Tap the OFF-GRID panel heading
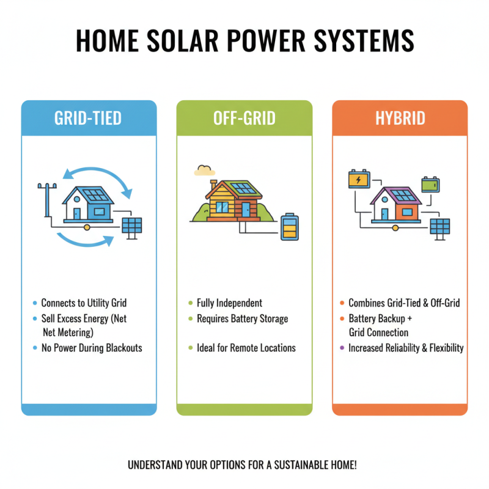tap(244, 117)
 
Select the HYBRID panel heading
tap(400, 117)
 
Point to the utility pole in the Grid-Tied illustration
tap(43, 199)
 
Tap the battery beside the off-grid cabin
tap(288, 226)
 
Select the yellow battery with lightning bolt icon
tap(358, 180)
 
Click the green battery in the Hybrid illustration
tap(430, 184)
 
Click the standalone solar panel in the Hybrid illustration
tap(440, 227)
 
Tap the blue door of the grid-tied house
tap(77, 213)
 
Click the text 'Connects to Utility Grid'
tap(84, 303)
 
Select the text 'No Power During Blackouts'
tap(92, 348)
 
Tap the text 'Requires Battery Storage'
tap(242, 318)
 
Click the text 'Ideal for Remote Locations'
tap(246, 348)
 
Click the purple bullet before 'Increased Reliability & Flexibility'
tap(342, 348)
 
